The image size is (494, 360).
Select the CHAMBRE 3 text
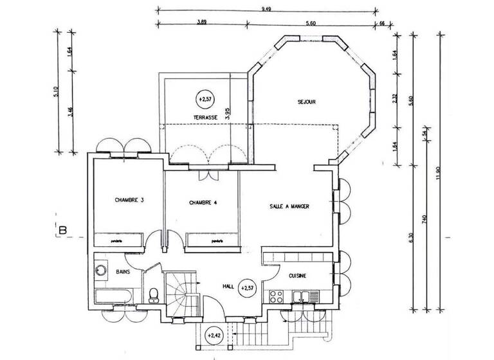pyautogui.click(x=129, y=200)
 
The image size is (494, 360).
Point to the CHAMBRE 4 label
pyautogui.click(x=203, y=203)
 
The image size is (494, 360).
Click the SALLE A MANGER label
pyautogui.click(x=289, y=206)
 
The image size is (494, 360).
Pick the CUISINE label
pyautogui.click(x=297, y=276)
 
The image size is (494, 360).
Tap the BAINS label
pyautogui.click(x=123, y=272)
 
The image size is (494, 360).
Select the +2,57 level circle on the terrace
pyautogui.click(x=205, y=99)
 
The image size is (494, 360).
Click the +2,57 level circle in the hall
pyautogui.click(x=246, y=287)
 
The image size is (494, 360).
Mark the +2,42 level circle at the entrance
pyautogui.click(x=214, y=335)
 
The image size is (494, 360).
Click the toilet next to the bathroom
pyautogui.click(x=154, y=295)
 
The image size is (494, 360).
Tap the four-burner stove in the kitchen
pyautogui.click(x=277, y=296)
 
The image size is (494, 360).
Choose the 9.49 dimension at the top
pyautogui.click(x=266, y=8)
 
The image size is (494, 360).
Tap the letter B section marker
pyautogui.click(x=63, y=230)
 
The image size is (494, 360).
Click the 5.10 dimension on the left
pyautogui.click(x=56, y=92)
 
